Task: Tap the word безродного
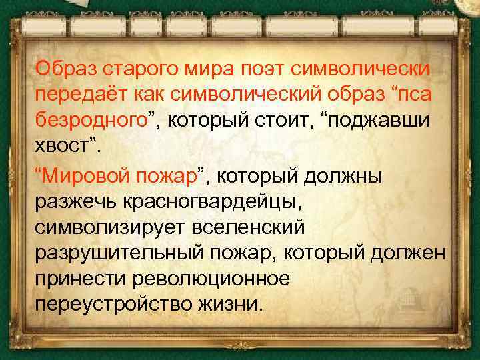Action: (91, 120)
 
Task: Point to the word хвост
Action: (63, 146)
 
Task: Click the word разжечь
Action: (75, 202)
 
